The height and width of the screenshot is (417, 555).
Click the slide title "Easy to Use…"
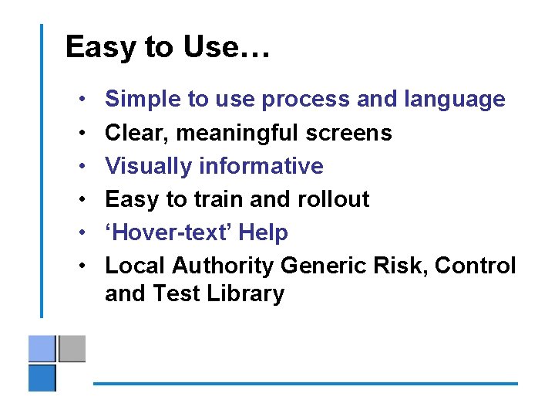(167, 47)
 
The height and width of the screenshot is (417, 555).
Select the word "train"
(217, 199)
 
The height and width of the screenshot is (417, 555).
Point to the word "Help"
(264, 232)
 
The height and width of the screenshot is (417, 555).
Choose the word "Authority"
(223, 266)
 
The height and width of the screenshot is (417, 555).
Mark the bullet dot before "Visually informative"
(82, 167)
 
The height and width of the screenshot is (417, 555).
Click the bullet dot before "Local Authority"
(82, 266)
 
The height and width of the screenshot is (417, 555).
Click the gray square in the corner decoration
(72, 348)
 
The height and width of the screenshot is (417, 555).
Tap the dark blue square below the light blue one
(42, 378)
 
